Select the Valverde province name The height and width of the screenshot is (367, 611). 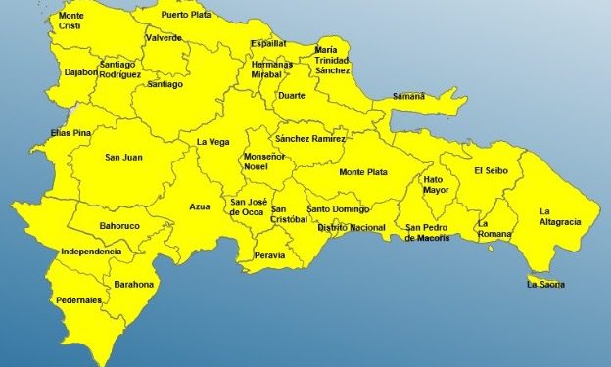click(x=163, y=38)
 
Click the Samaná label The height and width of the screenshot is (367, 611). click(x=408, y=96)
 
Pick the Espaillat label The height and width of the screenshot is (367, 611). click(x=268, y=44)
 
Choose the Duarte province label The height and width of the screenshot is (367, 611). click(x=291, y=96)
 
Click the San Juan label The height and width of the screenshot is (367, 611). click(x=125, y=157)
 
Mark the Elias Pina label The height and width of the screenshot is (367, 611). click(x=70, y=133)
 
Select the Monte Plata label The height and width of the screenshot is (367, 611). click(x=362, y=172)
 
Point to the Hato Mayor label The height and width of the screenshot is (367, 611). click(x=436, y=185)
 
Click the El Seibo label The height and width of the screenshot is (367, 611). click(x=492, y=171)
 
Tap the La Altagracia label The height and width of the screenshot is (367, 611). click(x=560, y=216)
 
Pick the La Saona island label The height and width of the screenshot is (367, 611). click(x=545, y=285)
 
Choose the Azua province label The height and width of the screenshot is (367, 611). click(x=200, y=207)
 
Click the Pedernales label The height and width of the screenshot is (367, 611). click(x=77, y=300)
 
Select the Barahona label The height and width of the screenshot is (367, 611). click(x=134, y=285)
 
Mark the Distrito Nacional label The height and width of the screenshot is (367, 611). click(x=352, y=227)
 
